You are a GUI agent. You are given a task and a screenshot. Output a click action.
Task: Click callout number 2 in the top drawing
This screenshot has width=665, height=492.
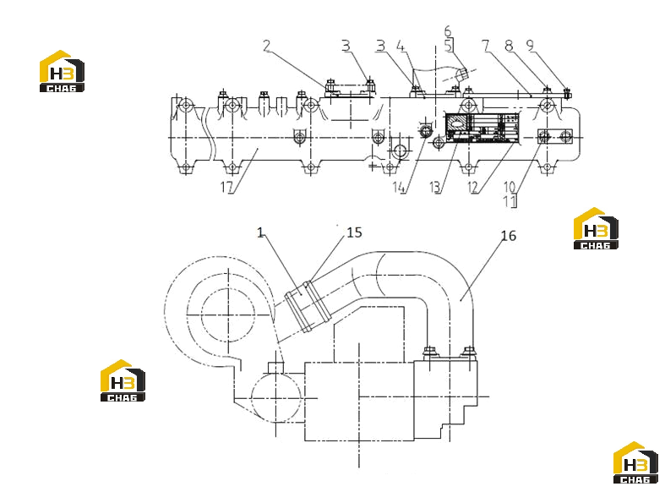point(266,46)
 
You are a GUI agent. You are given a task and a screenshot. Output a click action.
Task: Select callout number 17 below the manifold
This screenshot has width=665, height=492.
point(226,186)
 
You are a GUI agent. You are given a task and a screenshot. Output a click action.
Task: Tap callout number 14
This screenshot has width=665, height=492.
point(399,187)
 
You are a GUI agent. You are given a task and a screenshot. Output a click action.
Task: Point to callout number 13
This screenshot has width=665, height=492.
point(434,187)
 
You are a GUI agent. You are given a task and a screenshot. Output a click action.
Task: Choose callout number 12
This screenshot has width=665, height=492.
point(472,187)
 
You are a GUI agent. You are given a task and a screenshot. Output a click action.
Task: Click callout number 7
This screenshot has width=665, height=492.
point(486,45)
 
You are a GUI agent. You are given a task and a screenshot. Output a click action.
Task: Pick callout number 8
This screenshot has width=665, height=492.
point(509,45)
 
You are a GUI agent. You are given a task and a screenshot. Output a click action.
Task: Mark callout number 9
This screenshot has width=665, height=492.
point(530,45)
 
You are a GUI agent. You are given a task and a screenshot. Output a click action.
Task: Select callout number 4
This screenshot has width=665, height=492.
point(401,46)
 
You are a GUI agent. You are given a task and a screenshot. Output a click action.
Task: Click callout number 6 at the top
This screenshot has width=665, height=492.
point(448,31)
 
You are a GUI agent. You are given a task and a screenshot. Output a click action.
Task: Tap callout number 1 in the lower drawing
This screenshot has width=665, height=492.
point(260,232)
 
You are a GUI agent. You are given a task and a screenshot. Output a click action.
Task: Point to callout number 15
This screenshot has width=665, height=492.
point(355,232)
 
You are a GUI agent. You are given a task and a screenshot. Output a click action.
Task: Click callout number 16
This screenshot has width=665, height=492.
point(509,236)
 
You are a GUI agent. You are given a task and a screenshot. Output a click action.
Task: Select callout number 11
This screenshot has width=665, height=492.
point(509,200)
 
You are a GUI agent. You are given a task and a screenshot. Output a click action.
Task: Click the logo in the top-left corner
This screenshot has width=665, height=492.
point(62,71)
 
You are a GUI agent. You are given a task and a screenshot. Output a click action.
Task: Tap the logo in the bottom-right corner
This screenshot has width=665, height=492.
point(635,462)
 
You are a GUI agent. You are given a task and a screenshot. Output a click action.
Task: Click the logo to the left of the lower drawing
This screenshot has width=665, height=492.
point(123,380)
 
